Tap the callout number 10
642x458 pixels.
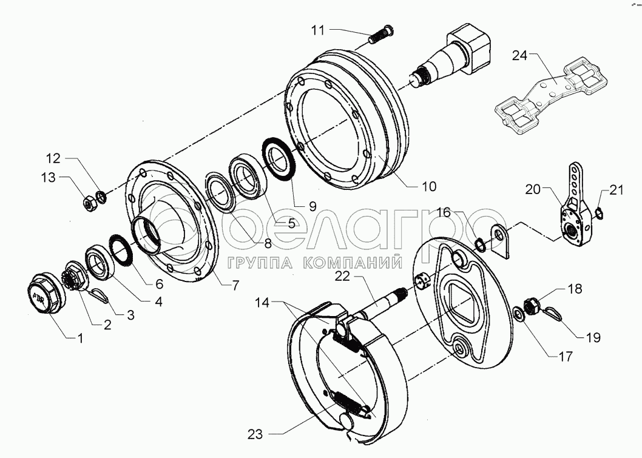428,187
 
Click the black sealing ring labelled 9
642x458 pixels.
279,158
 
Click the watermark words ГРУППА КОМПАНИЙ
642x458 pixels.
316,263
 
